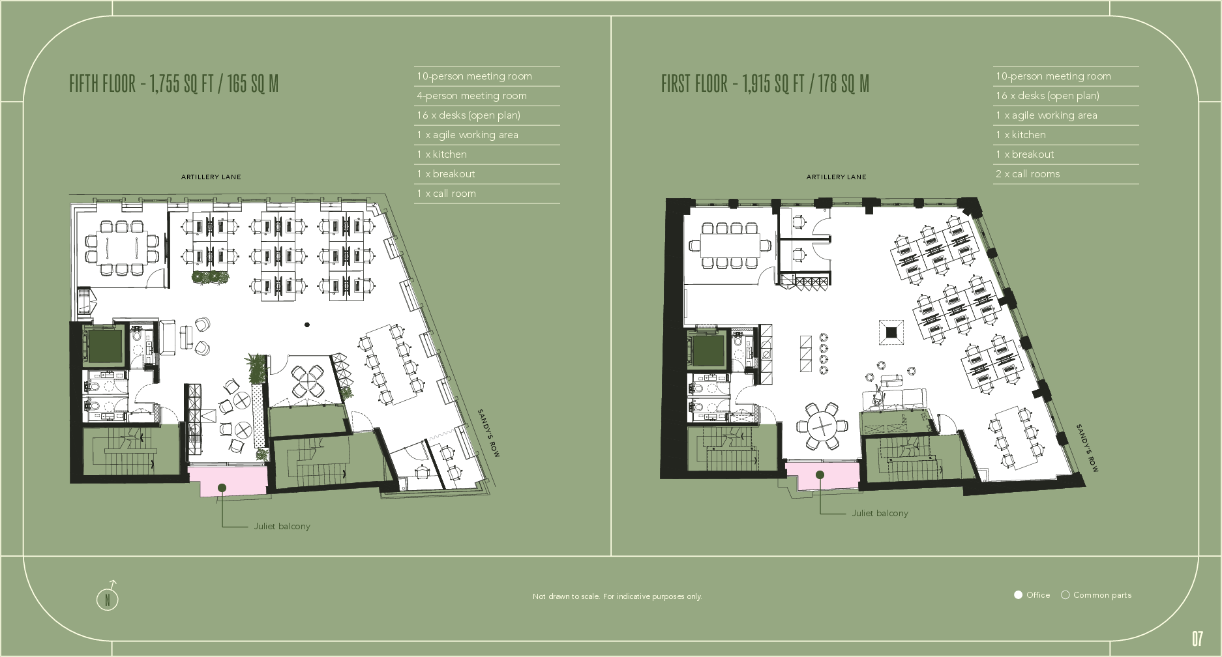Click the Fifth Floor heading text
173,84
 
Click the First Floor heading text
765,84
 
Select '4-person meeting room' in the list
471,96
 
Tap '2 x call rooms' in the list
1027,174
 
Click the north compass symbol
108,598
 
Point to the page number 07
1197,638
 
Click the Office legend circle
1018,595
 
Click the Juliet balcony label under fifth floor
282,526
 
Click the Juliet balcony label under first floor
880,513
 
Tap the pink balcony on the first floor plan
822,476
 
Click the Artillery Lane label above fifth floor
211,177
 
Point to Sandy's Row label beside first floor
1087,448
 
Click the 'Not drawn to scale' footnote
617,596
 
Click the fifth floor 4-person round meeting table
307,381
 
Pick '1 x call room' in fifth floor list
446,194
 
